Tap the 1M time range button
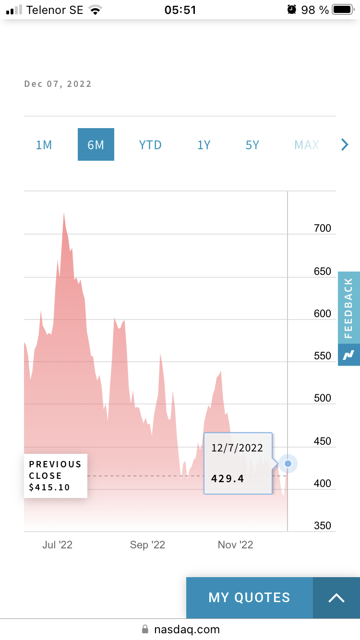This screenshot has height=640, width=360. tap(44, 144)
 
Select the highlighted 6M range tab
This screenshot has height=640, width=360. tap(96, 144)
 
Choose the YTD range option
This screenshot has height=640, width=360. tap(150, 144)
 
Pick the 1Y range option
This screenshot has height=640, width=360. tap(204, 144)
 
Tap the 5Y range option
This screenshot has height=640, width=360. tap(252, 144)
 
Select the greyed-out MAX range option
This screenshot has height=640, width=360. tap(307, 144)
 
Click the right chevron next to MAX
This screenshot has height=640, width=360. tap(344, 144)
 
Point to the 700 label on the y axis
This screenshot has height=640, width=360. tap(323, 228)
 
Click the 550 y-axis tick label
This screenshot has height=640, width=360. tap(323, 356)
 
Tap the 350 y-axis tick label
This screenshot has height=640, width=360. tap(323, 526)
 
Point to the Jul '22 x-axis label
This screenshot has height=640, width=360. tap(58, 545)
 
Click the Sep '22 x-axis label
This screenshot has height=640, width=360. tap(147, 545)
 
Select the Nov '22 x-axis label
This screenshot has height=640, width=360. tap(235, 545)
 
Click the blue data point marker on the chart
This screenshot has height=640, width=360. tap(288, 463)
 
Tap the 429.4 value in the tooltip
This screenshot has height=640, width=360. tap(228, 478)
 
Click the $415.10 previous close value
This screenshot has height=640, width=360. tap(49, 487)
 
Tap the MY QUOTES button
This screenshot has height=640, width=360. tap(250, 597)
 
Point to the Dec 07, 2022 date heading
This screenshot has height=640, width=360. tap(58, 84)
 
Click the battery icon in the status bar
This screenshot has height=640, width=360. tap(342, 10)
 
